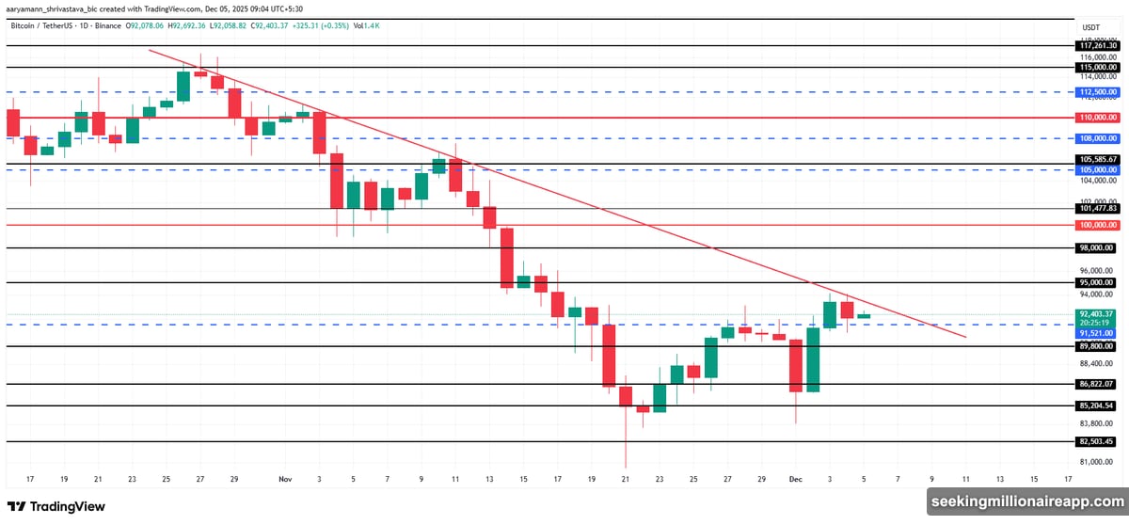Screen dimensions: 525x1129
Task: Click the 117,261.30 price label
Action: [x=1098, y=45]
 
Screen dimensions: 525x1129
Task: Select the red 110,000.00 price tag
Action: [x=1098, y=119]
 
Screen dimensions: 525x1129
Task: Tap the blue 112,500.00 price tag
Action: [x=1098, y=92]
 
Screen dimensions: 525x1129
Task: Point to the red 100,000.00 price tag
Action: [x=1098, y=226]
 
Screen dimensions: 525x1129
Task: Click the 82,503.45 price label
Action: [x=1098, y=441]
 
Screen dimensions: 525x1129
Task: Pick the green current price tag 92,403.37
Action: [x=1098, y=313]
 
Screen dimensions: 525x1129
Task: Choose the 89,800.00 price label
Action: [x=1098, y=346]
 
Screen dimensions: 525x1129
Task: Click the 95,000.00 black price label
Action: [x=1098, y=282]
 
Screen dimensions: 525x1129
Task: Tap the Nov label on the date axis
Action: [x=285, y=478]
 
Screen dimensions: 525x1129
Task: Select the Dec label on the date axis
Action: [x=796, y=478]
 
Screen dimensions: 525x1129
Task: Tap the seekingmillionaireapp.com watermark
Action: [x=1026, y=503]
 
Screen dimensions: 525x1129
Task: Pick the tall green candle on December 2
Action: [x=813, y=359]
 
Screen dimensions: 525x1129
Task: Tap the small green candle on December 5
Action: [x=864, y=316]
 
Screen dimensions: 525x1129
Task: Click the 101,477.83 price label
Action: [x=1098, y=208]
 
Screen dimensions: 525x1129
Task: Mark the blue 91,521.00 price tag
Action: [x=1098, y=333]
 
